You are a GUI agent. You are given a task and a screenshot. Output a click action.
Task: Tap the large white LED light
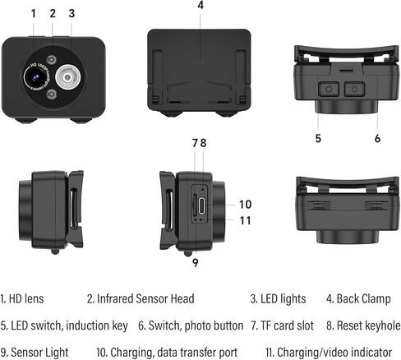(68, 77)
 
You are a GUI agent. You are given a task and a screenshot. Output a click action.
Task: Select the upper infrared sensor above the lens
(51, 59)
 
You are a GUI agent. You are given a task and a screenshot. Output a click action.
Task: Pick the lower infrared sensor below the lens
(51, 95)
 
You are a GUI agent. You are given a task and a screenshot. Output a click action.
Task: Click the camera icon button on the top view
(329, 89)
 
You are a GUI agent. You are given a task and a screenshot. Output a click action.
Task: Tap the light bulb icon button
(354, 89)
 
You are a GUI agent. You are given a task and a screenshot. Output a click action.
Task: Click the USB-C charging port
(202, 205)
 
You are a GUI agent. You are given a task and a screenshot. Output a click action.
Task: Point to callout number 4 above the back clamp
(200, 5)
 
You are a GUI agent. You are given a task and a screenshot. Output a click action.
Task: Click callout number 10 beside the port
(246, 205)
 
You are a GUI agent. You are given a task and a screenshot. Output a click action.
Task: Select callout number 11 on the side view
(245, 220)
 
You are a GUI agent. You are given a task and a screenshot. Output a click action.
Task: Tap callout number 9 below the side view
(195, 263)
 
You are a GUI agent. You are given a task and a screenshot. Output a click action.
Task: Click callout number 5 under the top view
(318, 138)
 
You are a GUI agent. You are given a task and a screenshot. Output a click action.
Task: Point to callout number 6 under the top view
(378, 138)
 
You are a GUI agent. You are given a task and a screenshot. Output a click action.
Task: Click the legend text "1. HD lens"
(22, 299)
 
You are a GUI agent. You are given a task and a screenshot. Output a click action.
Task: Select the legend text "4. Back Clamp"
(358, 299)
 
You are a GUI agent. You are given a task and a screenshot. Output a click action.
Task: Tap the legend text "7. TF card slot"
(283, 325)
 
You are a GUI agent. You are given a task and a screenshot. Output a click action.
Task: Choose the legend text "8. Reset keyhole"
(363, 325)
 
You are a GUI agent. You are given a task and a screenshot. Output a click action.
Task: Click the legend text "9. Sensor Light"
(35, 353)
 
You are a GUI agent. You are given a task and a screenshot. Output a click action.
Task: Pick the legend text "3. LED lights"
(278, 299)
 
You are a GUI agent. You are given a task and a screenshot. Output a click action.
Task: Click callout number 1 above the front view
(34, 13)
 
